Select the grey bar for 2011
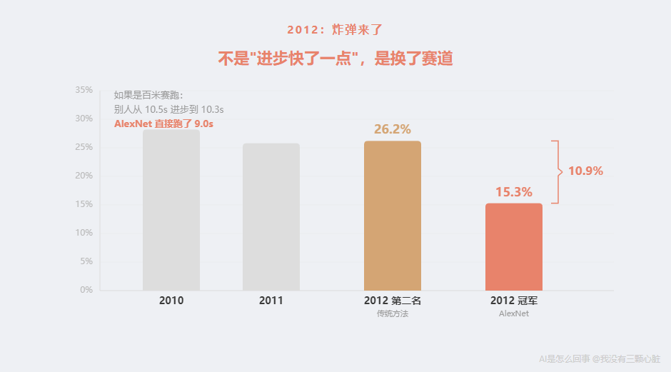271,218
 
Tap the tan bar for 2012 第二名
393,216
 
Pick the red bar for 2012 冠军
514,247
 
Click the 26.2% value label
393,129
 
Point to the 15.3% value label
514,192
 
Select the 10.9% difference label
586,171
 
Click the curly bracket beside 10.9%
557,172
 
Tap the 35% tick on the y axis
84,90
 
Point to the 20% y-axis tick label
84,176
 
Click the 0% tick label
86,290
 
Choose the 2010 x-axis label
171,301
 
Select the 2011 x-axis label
271,301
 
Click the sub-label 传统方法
393,314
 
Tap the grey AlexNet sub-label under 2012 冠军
514,314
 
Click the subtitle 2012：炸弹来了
335,30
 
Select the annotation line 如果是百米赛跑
148,95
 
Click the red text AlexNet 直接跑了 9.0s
164,124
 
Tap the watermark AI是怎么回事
564,359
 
